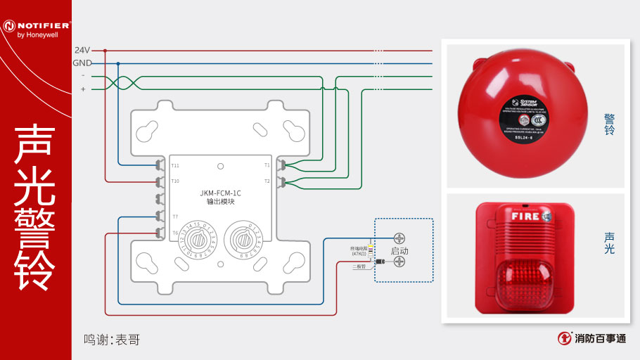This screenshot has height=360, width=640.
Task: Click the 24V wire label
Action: coord(82,50)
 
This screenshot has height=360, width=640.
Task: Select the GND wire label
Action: coord(82,63)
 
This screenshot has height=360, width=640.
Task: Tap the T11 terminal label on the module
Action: coord(175,166)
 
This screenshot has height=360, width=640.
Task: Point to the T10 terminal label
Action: coord(175,181)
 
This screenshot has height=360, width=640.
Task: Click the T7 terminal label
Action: coord(175,217)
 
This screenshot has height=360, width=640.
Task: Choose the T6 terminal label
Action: coord(175,233)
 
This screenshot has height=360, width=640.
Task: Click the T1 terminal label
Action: coord(267,166)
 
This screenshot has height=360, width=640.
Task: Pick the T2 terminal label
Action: coord(267,181)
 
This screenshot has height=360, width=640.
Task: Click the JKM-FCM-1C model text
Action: coord(220,192)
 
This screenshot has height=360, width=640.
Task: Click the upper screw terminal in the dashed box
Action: coord(399,238)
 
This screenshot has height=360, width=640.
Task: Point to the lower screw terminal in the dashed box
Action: coord(399,262)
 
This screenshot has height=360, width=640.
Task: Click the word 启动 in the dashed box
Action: coord(399,250)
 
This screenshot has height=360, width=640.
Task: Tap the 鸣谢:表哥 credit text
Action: coord(112,340)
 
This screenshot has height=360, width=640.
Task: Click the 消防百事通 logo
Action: coord(592,338)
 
